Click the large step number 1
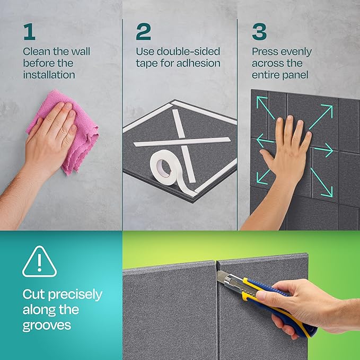(29, 31)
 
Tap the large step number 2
(143, 31)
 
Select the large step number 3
(259, 31)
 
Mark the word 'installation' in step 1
(49, 75)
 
